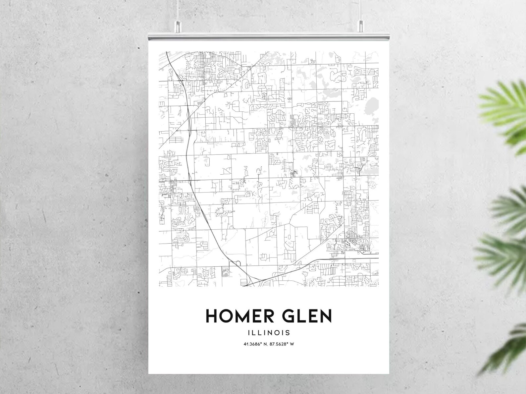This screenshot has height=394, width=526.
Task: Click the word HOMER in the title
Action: point(240,316)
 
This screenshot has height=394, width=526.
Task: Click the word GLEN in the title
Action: point(307,316)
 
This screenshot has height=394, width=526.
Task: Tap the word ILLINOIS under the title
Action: point(269,332)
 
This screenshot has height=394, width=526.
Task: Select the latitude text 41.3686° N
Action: point(255,344)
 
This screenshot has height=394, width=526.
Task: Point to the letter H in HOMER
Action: point(212,316)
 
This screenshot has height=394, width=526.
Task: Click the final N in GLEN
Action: point(325,316)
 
